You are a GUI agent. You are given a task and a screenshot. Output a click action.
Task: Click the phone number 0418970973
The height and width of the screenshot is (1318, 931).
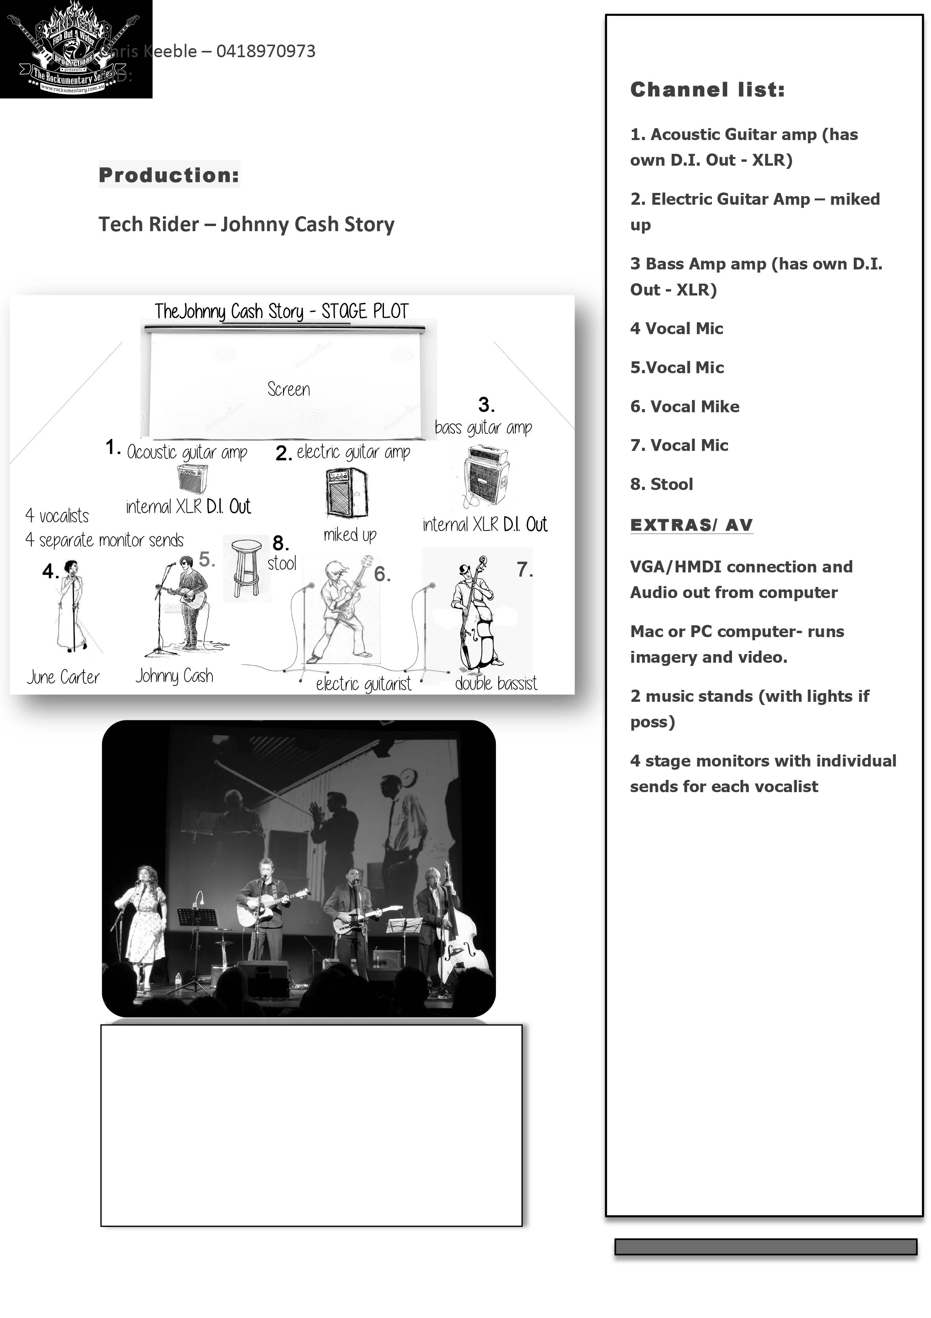[266, 51]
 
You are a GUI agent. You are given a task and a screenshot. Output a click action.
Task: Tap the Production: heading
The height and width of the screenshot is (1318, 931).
[169, 175]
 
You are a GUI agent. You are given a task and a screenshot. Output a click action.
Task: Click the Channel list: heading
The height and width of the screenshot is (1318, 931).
[707, 90]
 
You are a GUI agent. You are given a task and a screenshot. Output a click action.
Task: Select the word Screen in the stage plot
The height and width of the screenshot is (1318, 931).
[289, 389]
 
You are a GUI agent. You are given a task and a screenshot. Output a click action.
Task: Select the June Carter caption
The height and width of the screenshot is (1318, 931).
[63, 677]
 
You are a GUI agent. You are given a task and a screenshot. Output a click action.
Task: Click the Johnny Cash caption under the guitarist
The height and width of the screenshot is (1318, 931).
[174, 676]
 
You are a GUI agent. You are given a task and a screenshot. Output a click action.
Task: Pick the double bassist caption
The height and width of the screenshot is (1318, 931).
[495, 683]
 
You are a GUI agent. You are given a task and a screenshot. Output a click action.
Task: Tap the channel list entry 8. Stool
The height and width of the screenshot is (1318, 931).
[661, 484]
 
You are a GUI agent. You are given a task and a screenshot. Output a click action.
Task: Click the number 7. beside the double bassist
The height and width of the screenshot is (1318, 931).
[524, 569]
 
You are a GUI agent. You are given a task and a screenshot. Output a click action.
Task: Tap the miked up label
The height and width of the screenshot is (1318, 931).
[349, 535]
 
